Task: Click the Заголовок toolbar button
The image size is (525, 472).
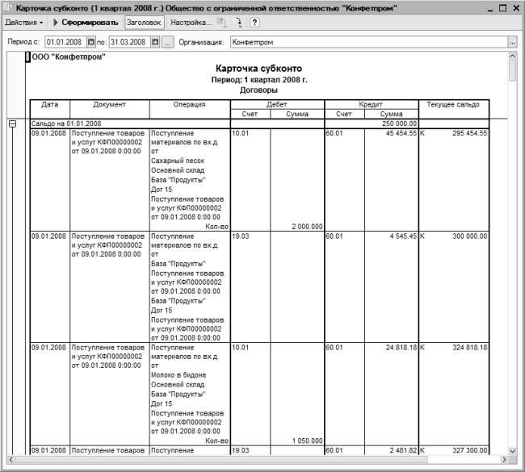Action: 144,23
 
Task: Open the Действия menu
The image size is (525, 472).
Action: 25,23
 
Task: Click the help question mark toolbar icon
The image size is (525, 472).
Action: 254,23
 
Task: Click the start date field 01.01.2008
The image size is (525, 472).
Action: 65,41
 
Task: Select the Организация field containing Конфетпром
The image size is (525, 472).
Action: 367,41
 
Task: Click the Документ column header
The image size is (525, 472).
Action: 109,105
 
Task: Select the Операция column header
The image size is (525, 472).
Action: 189,105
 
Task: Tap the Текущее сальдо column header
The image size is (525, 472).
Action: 453,105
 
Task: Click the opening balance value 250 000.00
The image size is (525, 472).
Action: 399,123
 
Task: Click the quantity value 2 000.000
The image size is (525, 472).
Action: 306,227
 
